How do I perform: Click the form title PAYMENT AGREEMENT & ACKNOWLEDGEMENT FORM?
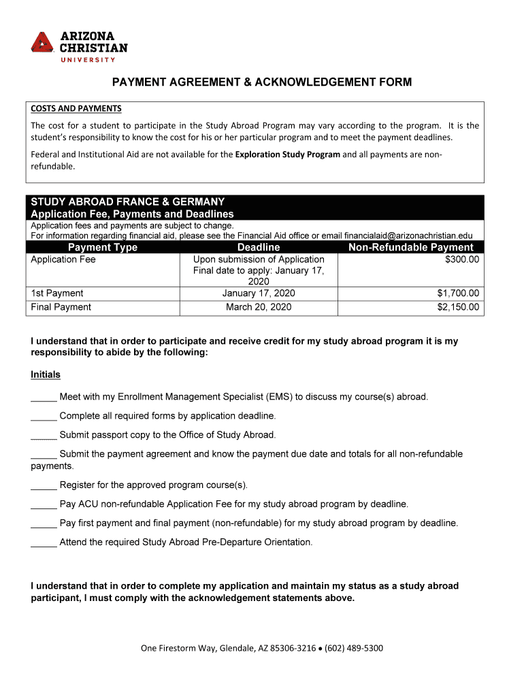[x=262, y=82]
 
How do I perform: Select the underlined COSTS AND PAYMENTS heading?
[x=76, y=108]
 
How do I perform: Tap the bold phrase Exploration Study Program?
[x=287, y=155]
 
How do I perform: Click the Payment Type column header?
[x=103, y=247]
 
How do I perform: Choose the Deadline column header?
[x=259, y=247]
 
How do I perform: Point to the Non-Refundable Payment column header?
[x=410, y=247]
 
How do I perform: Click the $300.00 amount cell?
[x=461, y=259]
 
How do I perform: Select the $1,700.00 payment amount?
[x=458, y=293]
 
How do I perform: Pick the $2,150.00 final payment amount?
[x=458, y=307]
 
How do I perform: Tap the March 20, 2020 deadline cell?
[x=259, y=307]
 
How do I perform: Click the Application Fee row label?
[x=63, y=259]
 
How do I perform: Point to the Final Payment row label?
[x=61, y=307]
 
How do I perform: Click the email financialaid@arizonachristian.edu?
[x=408, y=236]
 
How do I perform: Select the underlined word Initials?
[x=46, y=375]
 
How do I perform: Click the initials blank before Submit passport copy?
[x=44, y=436]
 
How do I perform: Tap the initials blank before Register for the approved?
[x=44, y=486]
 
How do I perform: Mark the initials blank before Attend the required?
[x=44, y=543]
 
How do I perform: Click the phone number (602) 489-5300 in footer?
[x=354, y=648]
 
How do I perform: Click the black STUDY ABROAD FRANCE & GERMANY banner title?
[x=128, y=202]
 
